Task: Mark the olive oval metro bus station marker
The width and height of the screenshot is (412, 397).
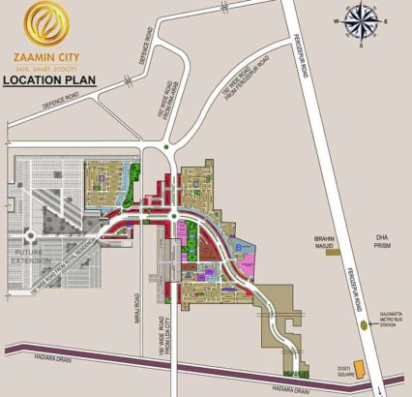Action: (365, 326)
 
